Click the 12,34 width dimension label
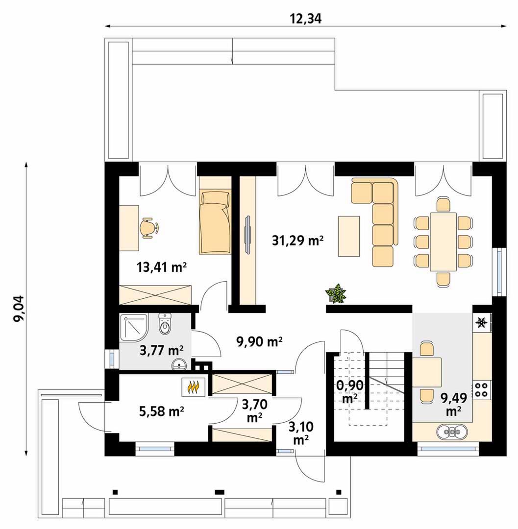[x=305, y=19]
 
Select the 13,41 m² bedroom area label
[x=162, y=267]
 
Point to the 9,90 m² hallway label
[x=260, y=341]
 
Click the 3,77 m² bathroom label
[x=162, y=350]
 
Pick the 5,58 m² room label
[x=161, y=411]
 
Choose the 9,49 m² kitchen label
[x=454, y=404]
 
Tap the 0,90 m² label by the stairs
[x=350, y=391]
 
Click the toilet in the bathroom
[x=165, y=324]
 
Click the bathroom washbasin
[x=179, y=363]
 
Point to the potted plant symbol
[x=335, y=293]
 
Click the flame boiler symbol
[x=193, y=386]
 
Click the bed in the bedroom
[x=215, y=222]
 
